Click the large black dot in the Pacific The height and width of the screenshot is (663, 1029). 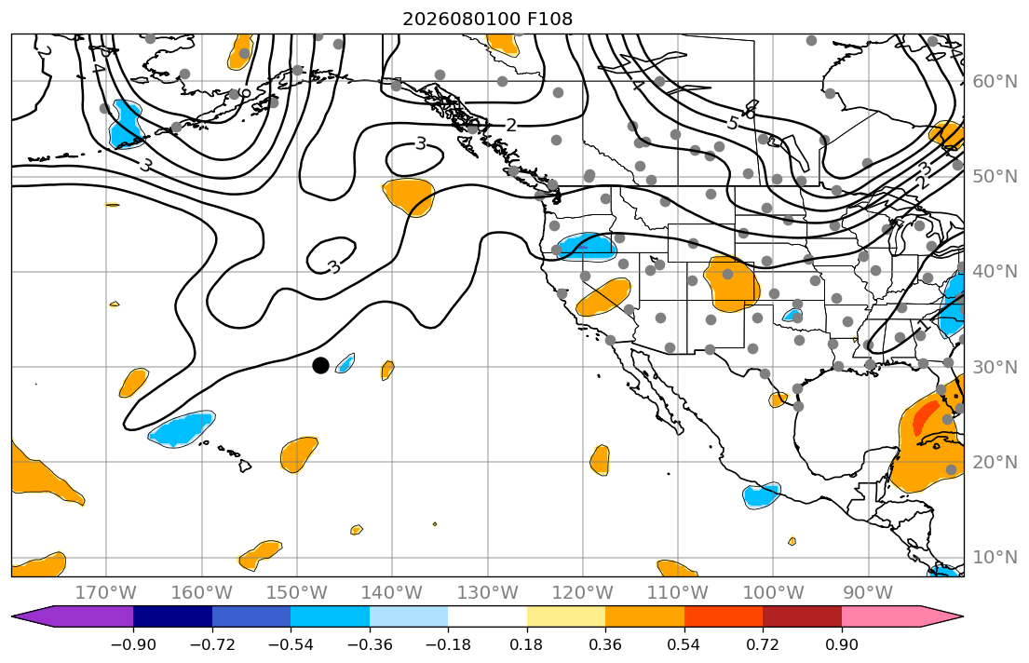point(320,366)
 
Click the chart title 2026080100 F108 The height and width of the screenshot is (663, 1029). point(487,19)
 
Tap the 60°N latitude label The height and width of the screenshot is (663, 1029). point(995,81)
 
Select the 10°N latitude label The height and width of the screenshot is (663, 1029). point(995,558)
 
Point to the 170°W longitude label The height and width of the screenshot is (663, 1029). point(106,593)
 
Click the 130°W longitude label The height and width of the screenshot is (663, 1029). point(488,593)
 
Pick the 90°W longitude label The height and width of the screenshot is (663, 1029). point(868,593)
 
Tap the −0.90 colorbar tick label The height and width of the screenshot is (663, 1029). point(133,644)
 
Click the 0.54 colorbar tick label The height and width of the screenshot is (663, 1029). point(684,644)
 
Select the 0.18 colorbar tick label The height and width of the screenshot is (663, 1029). point(526,644)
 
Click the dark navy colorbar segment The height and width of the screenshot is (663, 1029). point(172,616)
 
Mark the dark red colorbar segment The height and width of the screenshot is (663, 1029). point(802,616)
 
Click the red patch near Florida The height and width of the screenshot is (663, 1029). point(926,416)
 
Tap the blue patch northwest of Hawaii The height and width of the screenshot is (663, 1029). point(182,428)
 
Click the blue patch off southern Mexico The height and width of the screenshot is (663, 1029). point(761,495)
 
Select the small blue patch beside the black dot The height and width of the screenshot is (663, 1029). point(345,363)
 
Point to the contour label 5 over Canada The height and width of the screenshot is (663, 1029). point(733,123)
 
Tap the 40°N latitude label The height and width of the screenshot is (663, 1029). point(995,272)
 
